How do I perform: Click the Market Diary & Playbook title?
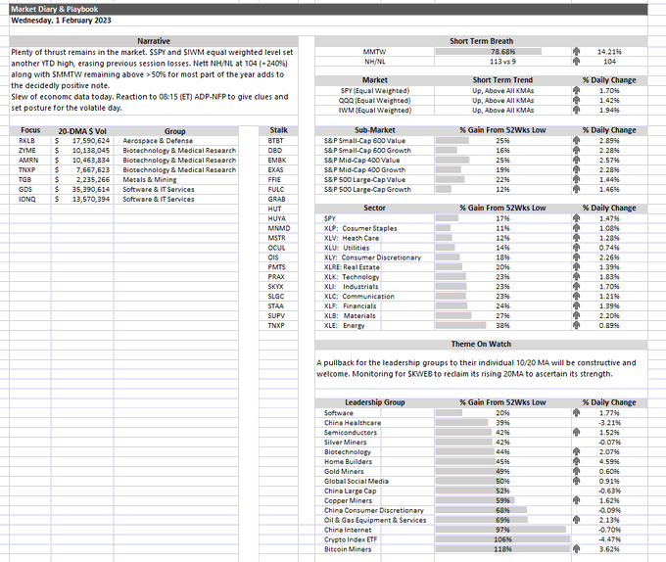47,7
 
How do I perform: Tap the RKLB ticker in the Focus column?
27,140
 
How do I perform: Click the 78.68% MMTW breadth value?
502,52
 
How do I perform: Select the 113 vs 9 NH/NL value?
502,61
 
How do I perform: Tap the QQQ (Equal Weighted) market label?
373,100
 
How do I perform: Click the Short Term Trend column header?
502,80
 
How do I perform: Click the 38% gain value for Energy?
502,325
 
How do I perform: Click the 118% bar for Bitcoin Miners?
502,548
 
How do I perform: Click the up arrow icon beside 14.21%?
575,52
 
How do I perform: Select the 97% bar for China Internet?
502,529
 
